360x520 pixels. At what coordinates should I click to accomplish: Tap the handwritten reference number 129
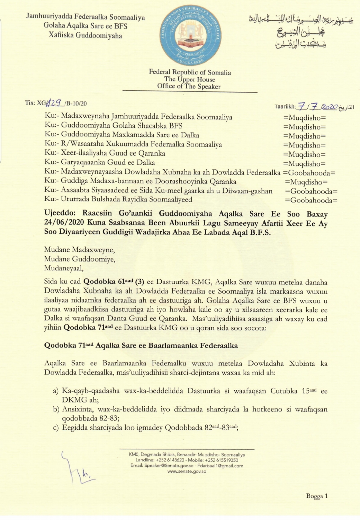[54, 103]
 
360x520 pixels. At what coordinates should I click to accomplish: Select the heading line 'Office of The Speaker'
[189, 87]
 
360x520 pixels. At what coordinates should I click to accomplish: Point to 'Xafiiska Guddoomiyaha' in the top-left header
[85, 35]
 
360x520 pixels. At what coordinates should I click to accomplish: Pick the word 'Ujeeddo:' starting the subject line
[60, 214]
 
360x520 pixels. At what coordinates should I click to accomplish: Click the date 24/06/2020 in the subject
[64, 223]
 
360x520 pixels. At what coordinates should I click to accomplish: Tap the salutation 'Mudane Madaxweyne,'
[79, 250]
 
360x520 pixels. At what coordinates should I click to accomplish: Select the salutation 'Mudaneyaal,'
[64, 268]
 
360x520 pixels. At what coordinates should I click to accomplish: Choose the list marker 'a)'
[56, 391]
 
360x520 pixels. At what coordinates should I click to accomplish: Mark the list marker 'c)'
[56, 428]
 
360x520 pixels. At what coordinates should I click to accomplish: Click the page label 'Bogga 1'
[317, 496]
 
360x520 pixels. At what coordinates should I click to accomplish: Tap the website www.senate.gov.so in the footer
[187, 471]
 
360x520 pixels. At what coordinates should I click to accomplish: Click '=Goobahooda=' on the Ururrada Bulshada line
[311, 200]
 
